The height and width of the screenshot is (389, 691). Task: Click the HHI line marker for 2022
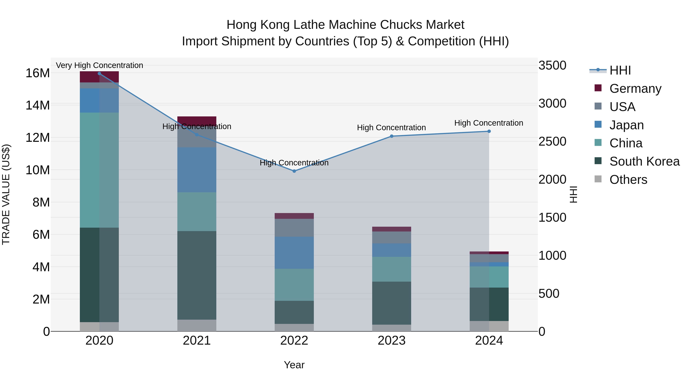pos(294,171)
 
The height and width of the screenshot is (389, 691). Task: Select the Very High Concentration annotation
pos(99,65)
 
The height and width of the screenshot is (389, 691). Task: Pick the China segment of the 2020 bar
pos(99,170)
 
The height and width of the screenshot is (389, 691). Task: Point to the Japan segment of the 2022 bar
pos(294,253)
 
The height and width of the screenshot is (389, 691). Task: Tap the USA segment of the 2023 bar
pos(391,237)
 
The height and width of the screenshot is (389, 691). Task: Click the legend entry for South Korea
pos(644,161)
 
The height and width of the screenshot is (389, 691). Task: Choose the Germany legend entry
pos(635,88)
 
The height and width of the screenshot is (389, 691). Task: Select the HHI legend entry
pos(620,70)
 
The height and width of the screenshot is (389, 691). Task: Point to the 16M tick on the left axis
pos(38,73)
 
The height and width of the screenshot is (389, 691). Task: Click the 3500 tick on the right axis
pos(552,66)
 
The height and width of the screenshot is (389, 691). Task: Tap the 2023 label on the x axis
pos(391,341)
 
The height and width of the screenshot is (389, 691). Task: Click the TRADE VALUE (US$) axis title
pos(6,194)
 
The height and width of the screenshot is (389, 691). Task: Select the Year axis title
pos(294,365)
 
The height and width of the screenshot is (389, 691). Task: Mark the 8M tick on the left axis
pos(41,202)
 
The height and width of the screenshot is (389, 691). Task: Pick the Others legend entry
pos(628,180)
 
